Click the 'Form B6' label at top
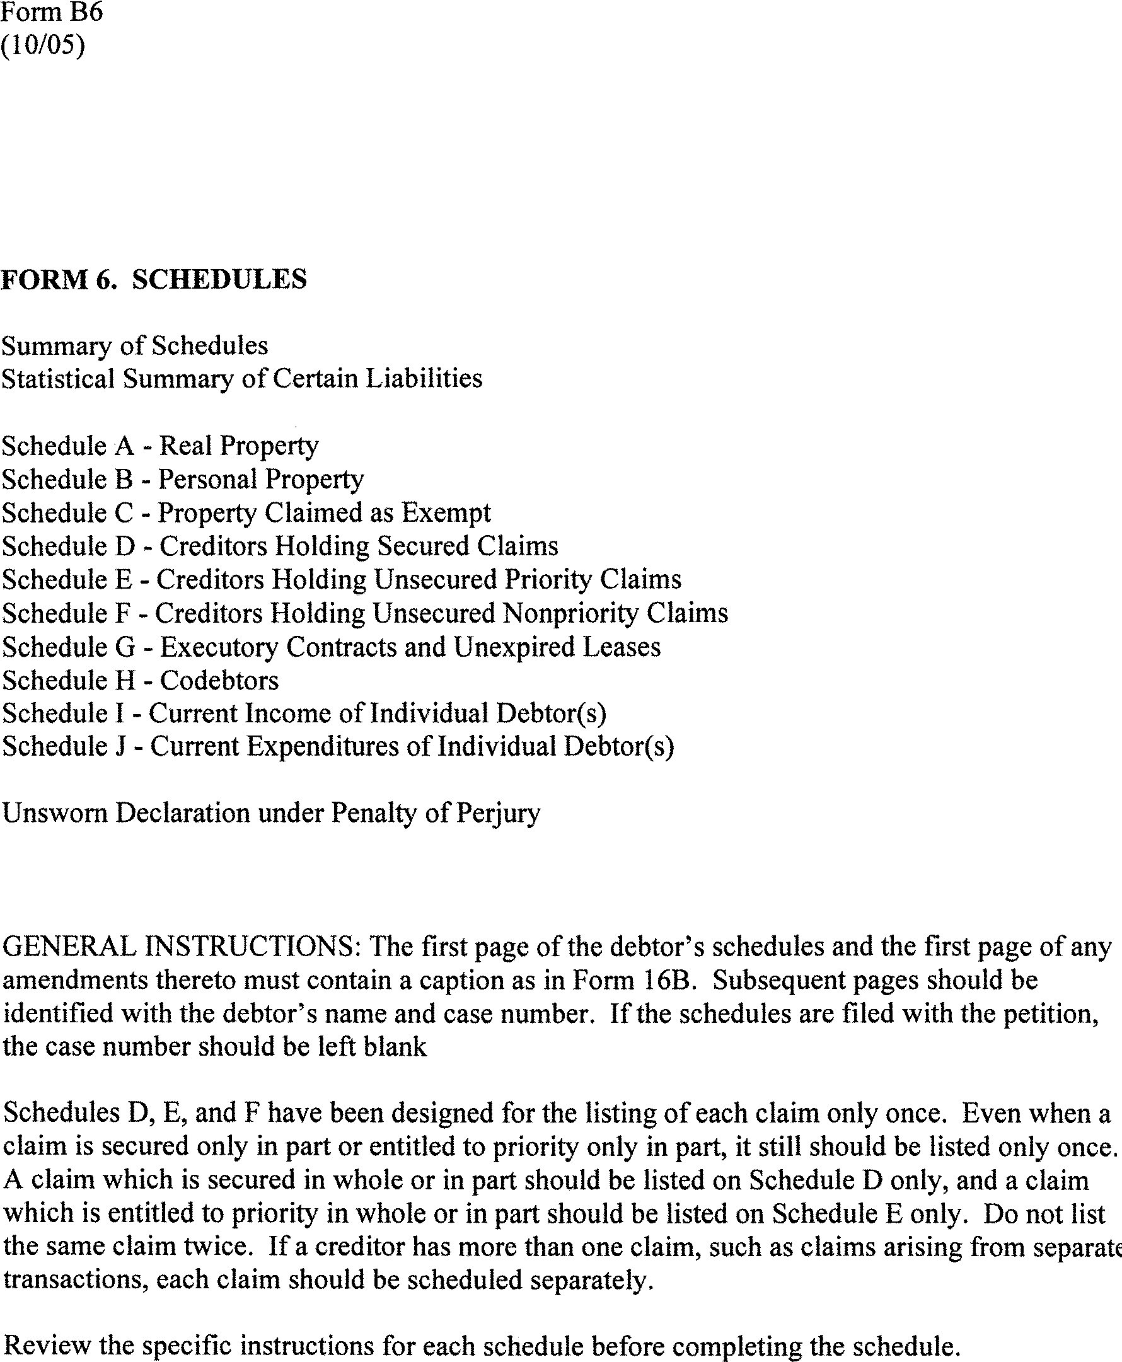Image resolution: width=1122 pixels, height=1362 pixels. click(52, 13)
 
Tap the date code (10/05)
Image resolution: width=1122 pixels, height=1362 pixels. click(43, 46)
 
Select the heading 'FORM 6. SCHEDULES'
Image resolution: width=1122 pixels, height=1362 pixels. click(154, 279)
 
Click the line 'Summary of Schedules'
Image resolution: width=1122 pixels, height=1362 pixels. click(134, 345)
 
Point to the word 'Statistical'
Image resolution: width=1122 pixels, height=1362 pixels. click(58, 379)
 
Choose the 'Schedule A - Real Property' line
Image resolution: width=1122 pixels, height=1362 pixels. click(160, 446)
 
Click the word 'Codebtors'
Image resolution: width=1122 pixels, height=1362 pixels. click(219, 680)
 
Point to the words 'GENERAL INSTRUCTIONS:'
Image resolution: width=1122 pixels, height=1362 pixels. click(182, 947)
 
